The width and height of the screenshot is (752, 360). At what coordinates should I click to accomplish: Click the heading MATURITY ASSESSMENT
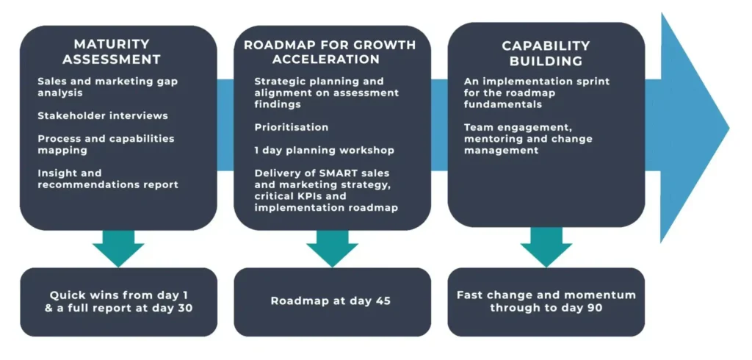click(112, 52)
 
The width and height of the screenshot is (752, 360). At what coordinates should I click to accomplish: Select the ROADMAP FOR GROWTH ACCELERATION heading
click(330, 52)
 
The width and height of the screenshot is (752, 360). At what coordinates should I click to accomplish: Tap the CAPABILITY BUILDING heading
click(546, 54)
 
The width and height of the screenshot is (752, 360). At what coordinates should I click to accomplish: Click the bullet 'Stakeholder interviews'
click(103, 115)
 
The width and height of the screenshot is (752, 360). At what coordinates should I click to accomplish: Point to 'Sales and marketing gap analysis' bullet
click(108, 87)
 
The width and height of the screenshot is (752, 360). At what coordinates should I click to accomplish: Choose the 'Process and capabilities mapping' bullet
click(106, 144)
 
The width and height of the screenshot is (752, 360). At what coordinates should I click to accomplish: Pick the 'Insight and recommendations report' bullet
click(108, 179)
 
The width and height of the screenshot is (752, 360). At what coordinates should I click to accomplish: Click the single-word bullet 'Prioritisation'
click(292, 127)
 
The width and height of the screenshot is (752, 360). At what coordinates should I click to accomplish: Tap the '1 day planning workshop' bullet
click(324, 150)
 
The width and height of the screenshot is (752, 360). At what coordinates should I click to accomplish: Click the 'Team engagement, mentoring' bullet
click(528, 139)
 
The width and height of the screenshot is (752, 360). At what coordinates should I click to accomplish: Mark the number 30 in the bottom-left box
click(184, 308)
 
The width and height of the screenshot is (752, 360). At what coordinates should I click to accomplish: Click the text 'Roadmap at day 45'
click(331, 301)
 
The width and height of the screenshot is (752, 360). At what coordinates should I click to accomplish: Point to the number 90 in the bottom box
click(593, 307)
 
